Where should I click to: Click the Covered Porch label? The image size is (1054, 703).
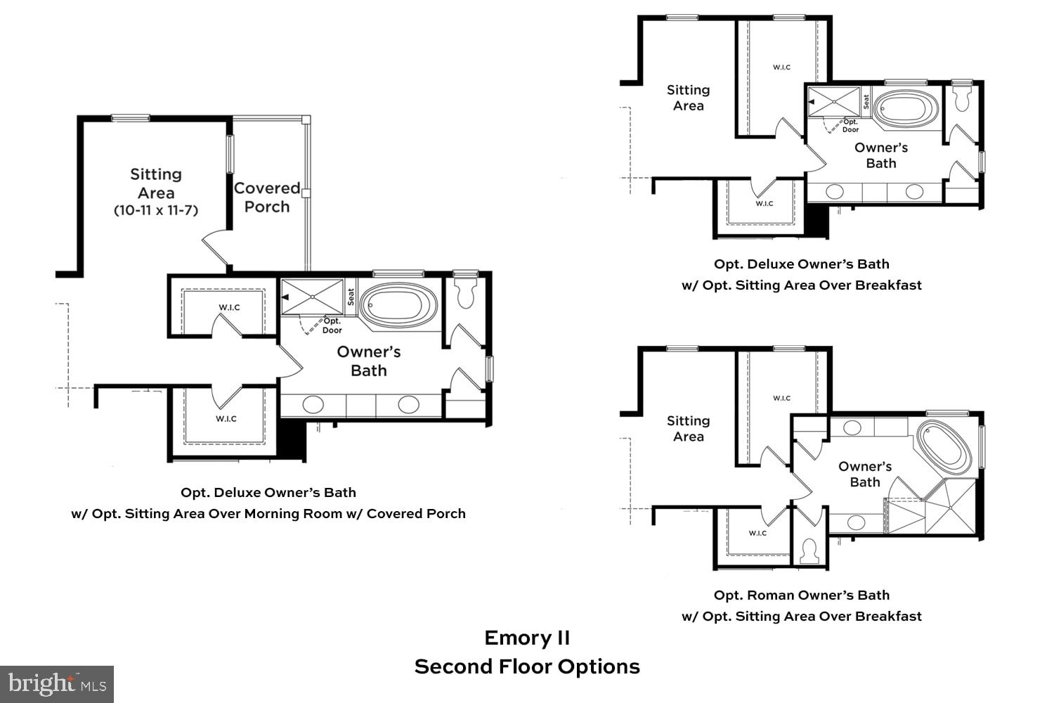(266, 198)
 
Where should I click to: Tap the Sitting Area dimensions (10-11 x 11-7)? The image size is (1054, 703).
(156, 210)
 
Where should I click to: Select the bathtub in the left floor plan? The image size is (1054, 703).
(398, 305)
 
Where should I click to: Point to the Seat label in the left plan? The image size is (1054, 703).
(351, 296)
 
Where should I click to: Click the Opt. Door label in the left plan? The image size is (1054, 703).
(332, 325)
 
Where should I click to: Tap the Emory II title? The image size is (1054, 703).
(527, 638)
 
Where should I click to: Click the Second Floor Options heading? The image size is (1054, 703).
(527, 666)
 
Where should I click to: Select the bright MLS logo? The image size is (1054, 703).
(56, 683)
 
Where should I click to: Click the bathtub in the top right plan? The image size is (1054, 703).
(907, 109)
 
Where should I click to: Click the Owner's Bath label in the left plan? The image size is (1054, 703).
(369, 361)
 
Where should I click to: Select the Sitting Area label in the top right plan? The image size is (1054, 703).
(688, 98)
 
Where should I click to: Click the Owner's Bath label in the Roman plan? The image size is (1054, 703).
(865, 475)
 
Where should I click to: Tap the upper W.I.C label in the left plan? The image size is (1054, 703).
(229, 307)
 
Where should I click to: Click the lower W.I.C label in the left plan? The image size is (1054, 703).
(226, 419)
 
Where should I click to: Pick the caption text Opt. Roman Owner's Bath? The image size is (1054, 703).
(802, 595)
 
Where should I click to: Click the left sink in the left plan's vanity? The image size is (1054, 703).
(313, 404)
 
